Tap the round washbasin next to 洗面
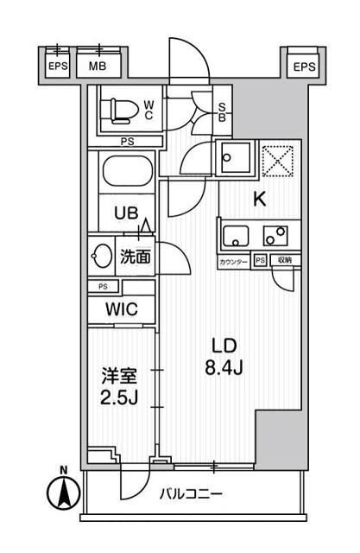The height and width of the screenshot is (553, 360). (x=100, y=256)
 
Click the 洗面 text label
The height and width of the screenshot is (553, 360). (x=136, y=256)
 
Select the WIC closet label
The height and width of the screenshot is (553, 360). (x=121, y=308)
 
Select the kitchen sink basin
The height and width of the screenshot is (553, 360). (x=236, y=234)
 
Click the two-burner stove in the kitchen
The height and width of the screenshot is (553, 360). (x=277, y=234)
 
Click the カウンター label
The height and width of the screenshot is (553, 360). (x=233, y=261)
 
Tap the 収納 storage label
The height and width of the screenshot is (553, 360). (x=284, y=261)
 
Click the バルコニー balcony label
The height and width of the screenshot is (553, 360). (x=192, y=495)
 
